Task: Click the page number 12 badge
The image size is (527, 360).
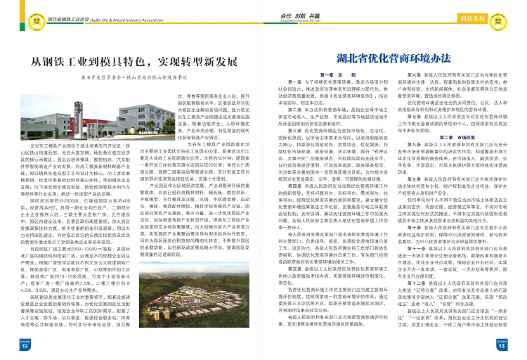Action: click(24, 345)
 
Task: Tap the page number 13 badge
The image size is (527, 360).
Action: click(502, 345)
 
